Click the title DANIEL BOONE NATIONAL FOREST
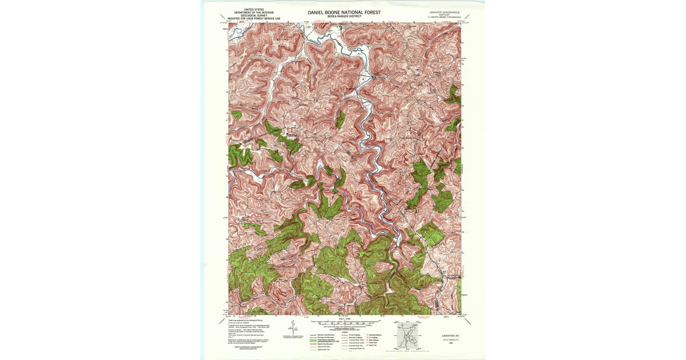[x=344, y=11]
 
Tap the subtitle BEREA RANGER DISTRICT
[x=344, y=17]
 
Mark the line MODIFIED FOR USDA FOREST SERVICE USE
[x=254, y=19]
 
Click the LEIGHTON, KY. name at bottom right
[x=447, y=335]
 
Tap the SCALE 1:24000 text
[x=344, y=318]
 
